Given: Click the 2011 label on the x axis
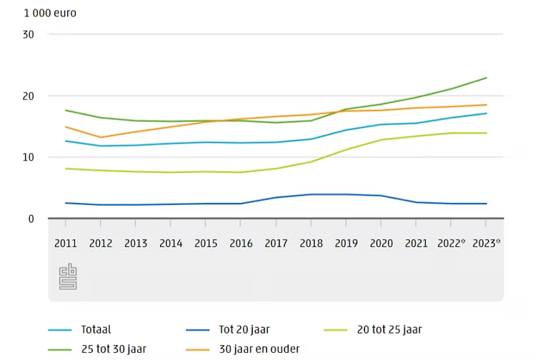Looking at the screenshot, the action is (66, 244).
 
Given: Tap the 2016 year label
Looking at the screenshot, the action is (241, 244).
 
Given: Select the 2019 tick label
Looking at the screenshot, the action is (347, 244).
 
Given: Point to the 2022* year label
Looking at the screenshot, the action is (452, 243).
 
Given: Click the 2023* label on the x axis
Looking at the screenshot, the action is (486, 243).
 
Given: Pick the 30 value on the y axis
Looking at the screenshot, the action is (28, 35).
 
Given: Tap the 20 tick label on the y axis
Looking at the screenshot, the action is (28, 96).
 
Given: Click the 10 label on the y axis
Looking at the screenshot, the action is (28, 158).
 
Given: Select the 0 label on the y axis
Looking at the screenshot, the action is (31, 219).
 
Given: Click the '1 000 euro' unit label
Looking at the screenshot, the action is (50, 13).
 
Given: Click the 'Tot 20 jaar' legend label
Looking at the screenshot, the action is (244, 330).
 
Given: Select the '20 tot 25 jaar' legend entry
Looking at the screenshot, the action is (389, 330).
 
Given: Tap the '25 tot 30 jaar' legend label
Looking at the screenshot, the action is (114, 349).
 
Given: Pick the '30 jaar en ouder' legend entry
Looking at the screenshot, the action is (259, 349).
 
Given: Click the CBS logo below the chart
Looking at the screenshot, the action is (68, 276).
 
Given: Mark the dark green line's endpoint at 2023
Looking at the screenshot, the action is (486, 78).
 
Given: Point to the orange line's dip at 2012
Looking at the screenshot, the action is (101, 137).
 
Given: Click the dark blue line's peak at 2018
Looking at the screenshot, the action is (312, 194).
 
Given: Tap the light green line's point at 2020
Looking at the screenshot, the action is (382, 140).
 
